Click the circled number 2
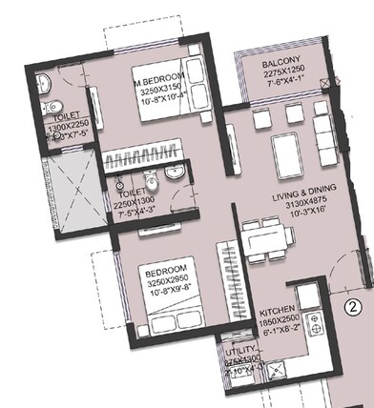(352, 307)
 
